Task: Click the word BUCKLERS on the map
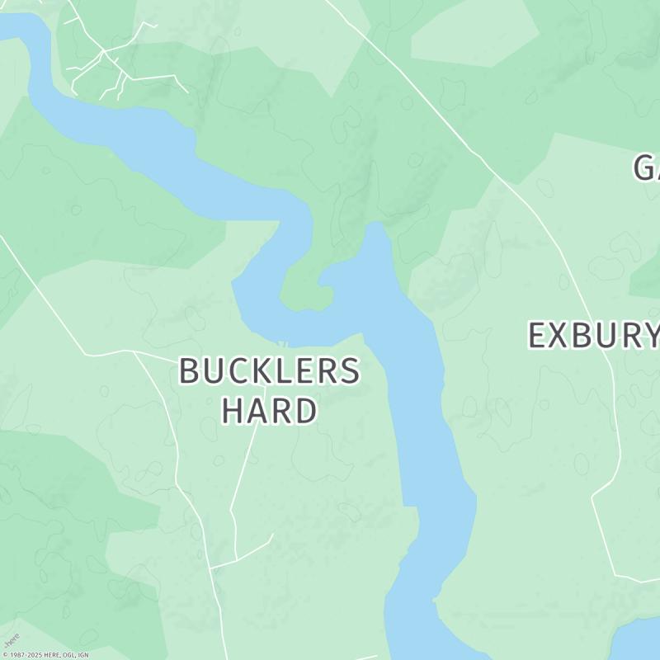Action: pos(269,371)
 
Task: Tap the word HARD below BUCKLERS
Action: pos(269,410)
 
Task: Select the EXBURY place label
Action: pos(592,336)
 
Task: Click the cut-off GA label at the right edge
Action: pos(647,167)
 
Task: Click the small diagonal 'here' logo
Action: pos(12,641)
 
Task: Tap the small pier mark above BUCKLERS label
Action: pos(282,344)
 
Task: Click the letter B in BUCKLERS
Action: pos(190,371)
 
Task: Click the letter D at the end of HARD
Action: pos(306,410)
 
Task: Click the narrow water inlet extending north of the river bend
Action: pos(375,247)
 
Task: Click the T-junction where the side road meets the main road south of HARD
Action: pos(213,568)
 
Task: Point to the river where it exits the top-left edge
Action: pos(12,29)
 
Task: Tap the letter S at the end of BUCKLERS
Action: pos(350,371)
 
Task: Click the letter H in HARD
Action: pos(233,410)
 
